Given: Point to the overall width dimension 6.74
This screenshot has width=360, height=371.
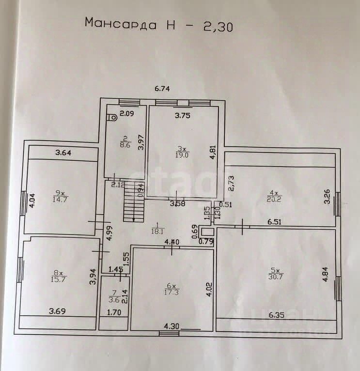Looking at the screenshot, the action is (163, 89).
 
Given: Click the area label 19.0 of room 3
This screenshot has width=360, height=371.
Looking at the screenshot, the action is (182, 156).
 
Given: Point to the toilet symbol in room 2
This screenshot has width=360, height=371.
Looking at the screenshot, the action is (112, 117).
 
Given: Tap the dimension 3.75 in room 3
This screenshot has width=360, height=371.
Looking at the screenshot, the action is (182, 115).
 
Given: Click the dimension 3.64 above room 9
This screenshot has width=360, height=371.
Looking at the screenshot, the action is (63, 154).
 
